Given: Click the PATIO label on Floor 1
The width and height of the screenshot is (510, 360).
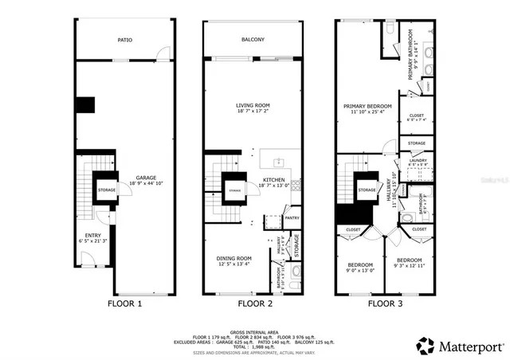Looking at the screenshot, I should (124, 39).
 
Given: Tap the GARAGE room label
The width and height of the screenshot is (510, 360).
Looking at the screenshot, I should (145, 178).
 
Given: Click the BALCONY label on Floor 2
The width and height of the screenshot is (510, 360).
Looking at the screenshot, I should (253, 39).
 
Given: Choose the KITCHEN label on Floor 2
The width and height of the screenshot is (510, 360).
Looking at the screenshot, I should (273, 180).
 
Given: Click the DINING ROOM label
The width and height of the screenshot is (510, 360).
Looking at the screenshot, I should (234, 258).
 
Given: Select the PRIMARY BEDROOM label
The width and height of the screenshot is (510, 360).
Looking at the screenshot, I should (367, 105).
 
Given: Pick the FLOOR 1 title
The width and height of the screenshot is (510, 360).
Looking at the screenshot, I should (125, 303).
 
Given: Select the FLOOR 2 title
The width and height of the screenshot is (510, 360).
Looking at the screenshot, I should (254, 303).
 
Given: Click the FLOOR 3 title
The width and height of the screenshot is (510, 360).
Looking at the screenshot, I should (385, 303).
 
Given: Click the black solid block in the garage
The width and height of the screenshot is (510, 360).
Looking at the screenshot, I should (85, 105).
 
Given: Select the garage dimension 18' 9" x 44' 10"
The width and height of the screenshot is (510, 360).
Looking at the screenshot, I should (145, 183).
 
